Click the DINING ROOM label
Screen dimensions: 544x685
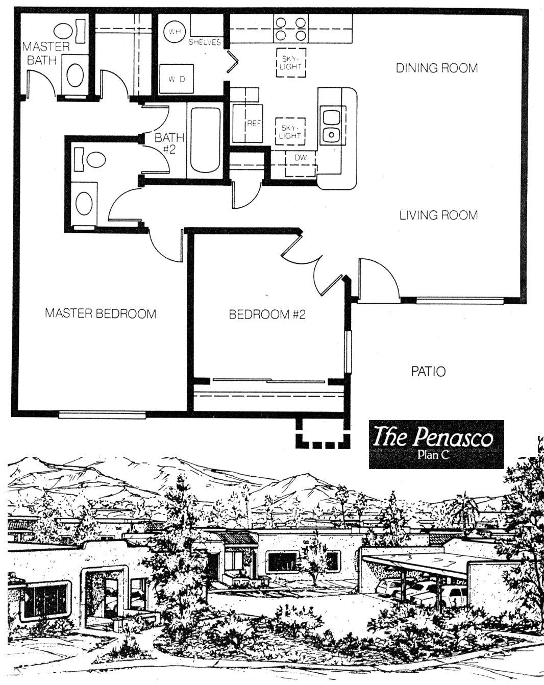[437, 68]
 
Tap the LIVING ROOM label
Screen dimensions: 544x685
[439, 215]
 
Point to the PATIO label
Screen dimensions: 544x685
[428, 372]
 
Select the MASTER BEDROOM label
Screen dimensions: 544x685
[101, 313]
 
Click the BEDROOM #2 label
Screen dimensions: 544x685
[267, 314]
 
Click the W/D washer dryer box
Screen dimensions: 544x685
[177, 79]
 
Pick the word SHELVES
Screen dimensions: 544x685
[205, 42]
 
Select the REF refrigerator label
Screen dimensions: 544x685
[254, 123]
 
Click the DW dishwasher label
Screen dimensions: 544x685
[301, 158]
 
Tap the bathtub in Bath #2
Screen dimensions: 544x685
[205, 140]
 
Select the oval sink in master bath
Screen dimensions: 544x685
[76, 76]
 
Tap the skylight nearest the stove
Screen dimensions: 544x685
[290, 63]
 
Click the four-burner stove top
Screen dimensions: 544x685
[290, 29]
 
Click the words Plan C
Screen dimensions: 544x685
[433, 455]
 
